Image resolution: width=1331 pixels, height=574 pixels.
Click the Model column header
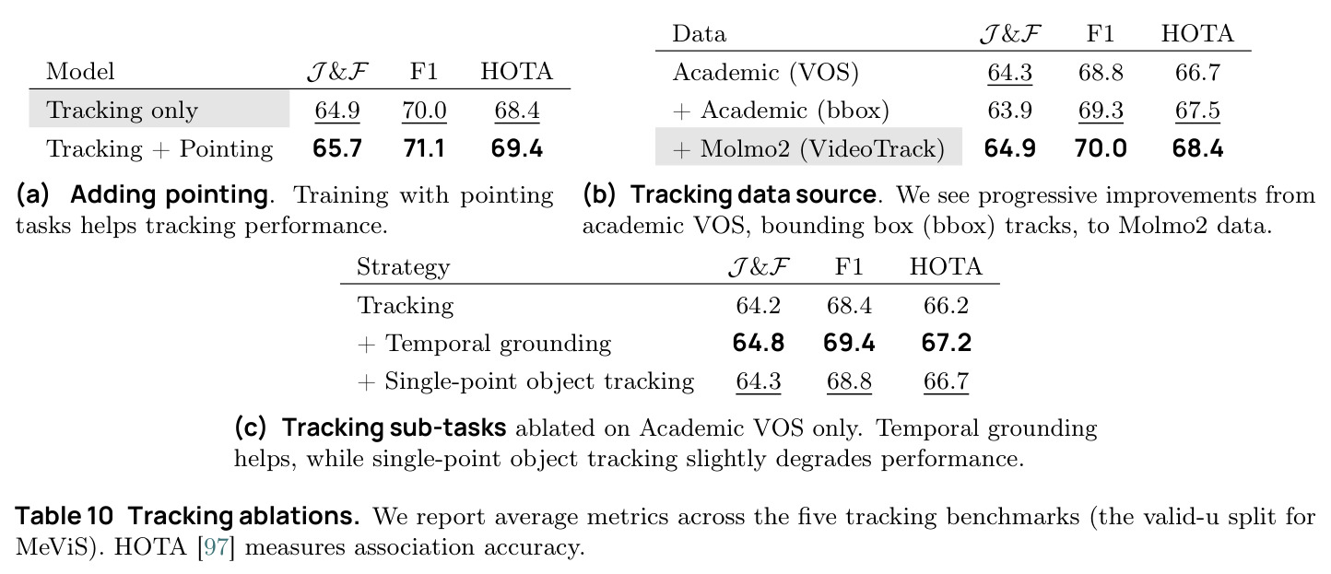pyautogui.click(x=80, y=72)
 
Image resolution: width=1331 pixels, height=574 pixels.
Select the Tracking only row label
pyautogui.click(x=122, y=111)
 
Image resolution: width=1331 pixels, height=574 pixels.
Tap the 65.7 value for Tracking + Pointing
pyautogui.click(x=337, y=148)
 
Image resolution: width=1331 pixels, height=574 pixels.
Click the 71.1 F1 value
pyautogui.click(x=424, y=148)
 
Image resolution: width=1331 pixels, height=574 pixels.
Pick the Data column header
pyautogui.click(x=700, y=34)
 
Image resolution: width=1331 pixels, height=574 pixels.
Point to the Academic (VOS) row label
pyautogui.click(x=766, y=73)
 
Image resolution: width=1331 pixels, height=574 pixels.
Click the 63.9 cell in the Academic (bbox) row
pyautogui.click(x=1009, y=111)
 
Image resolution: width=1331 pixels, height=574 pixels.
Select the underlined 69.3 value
pyautogui.click(x=1101, y=111)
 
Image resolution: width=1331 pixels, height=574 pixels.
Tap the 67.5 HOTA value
pyautogui.click(x=1197, y=111)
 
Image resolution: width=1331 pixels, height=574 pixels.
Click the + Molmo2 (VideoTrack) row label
pyautogui.click(x=808, y=148)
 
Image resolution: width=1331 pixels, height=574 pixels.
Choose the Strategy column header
pyautogui.click(x=403, y=267)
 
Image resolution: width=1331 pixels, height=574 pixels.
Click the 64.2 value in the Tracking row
pyautogui.click(x=759, y=305)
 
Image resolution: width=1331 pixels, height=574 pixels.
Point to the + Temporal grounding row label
pyautogui.click(x=484, y=344)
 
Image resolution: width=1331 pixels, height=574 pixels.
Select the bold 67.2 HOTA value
pyautogui.click(x=946, y=344)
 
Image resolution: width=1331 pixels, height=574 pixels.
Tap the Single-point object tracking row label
pyautogui.click(x=539, y=381)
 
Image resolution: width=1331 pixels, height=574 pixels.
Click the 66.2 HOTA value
pyautogui.click(x=946, y=305)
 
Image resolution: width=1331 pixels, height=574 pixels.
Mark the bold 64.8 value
pyautogui.click(x=759, y=344)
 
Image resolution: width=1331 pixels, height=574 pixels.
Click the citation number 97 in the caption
pyautogui.click(x=217, y=546)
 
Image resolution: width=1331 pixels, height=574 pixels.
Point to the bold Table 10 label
pyautogui.click(x=65, y=516)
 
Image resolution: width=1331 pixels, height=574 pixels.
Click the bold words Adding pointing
pyautogui.click(x=170, y=195)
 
